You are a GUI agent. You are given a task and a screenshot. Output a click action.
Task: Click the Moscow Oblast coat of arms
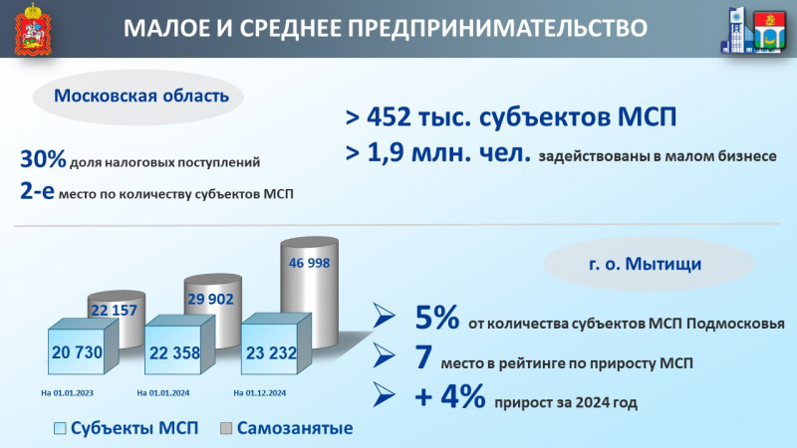click(x=33, y=29)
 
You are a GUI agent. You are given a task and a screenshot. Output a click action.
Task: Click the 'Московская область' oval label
click(x=138, y=97)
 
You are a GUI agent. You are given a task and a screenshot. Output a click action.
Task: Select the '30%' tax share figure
click(x=43, y=159)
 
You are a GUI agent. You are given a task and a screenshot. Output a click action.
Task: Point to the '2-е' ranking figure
click(x=37, y=190)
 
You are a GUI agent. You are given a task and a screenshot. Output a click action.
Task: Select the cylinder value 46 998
click(x=309, y=263)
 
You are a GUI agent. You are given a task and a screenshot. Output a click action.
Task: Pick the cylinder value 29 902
click(x=210, y=300)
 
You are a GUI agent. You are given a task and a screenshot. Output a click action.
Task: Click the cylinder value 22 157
click(x=114, y=310)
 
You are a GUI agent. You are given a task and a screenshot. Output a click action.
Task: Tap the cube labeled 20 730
click(x=83, y=346)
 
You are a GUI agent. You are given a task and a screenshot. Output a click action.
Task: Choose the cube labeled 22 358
click(x=179, y=345)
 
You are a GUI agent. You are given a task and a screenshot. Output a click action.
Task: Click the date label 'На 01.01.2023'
click(x=67, y=392)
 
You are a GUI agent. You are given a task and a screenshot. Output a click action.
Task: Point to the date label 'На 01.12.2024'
click(x=259, y=392)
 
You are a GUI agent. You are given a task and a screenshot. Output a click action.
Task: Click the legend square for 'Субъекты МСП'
click(x=60, y=428)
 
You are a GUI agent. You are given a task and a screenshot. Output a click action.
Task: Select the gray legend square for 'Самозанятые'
click(x=226, y=428)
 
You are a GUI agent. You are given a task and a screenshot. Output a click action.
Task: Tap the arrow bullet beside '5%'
click(x=384, y=316)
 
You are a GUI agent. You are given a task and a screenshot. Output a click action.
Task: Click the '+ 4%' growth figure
click(x=450, y=396)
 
